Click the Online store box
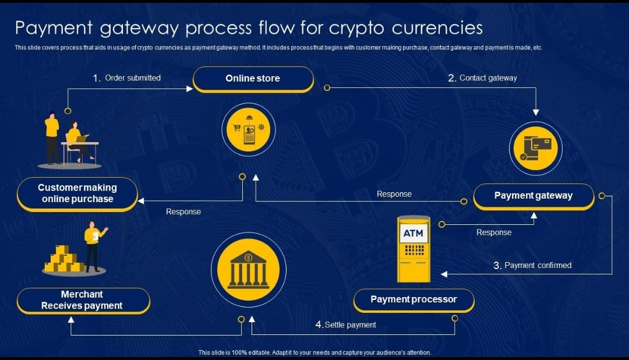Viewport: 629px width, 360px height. click(x=253, y=79)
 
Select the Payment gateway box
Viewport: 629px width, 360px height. click(x=533, y=196)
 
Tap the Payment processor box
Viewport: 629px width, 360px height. click(x=414, y=300)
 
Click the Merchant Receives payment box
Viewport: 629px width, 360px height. click(x=82, y=300)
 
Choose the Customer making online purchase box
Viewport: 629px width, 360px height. click(x=77, y=193)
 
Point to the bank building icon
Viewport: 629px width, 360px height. click(x=249, y=270)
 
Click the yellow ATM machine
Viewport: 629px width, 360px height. click(x=414, y=249)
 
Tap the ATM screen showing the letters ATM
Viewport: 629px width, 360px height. click(x=414, y=234)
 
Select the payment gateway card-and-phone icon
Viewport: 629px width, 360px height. click(x=535, y=149)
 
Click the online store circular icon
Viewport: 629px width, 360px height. click(x=249, y=130)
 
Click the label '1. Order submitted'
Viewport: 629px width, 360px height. click(x=127, y=77)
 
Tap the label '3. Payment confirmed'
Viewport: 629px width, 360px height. click(x=532, y=266)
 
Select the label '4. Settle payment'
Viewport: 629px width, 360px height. click(x=346, y=324)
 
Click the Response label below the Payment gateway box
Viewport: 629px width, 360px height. click(x=494, y=232)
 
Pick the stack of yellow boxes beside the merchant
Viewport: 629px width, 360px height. click(x=63, y=260)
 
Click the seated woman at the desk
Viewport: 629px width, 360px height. click(x=77, y=142)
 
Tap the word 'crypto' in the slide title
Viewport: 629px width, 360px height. click(x=356, y=27)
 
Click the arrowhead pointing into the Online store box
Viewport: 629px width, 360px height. click(x=189, y=89)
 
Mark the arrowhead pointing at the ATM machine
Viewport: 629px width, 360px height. click(x=444, y=274)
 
